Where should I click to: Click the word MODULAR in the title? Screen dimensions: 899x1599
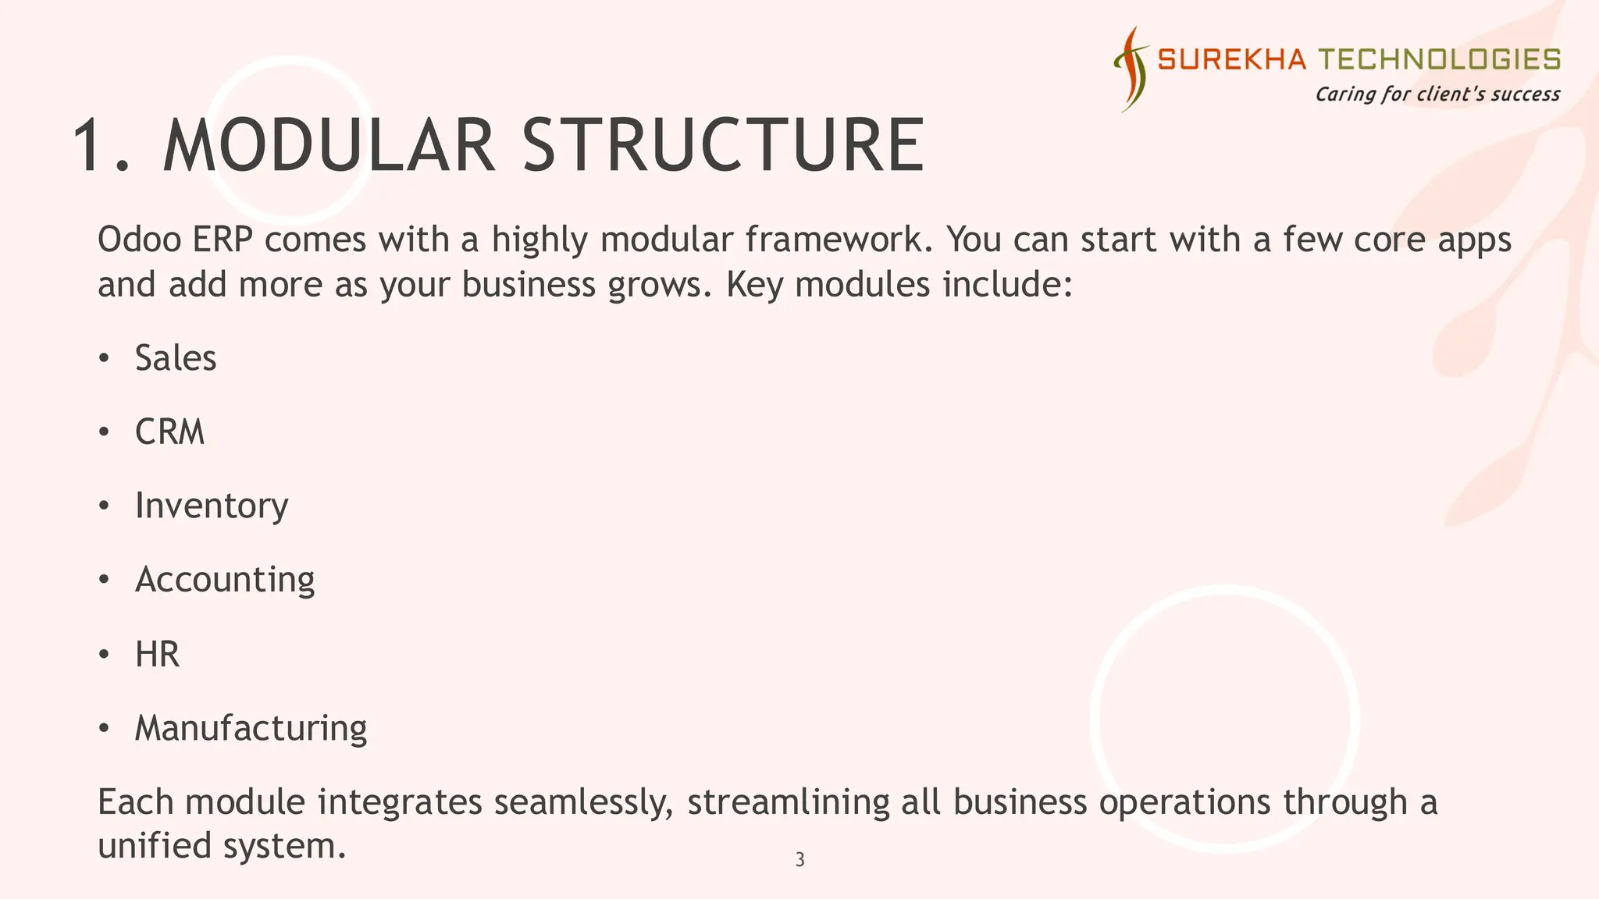coord(329,146)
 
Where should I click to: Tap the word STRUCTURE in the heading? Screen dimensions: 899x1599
coord(723,146)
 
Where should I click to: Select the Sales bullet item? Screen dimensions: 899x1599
coord(176,358)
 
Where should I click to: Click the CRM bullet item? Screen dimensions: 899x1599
coord(169,432)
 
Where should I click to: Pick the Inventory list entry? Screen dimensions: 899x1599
coord(212,506)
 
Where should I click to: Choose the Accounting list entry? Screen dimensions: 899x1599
coord(225,580)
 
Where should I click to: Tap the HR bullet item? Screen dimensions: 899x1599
coord(157,654)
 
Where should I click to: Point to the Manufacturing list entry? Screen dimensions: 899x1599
coord(251,728)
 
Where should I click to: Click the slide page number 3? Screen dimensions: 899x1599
coord(799,860)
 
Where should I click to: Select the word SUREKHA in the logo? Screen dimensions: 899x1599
coord(1231,59)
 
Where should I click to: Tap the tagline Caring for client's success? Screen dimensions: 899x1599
coord(1437,94)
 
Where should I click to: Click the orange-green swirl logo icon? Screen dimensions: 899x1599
coord(1132,69)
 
